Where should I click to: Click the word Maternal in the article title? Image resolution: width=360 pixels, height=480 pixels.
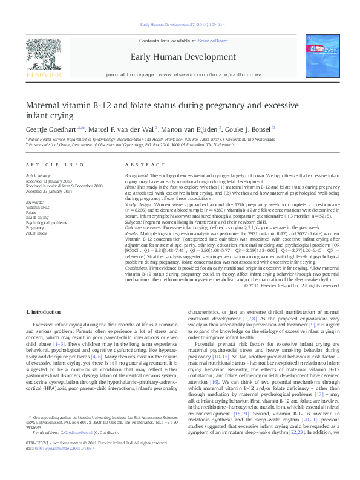point(45,105)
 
